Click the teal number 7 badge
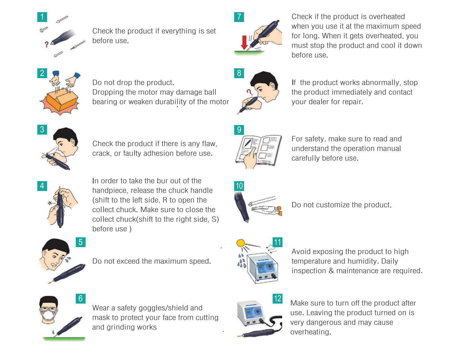239,17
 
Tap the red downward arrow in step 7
244,43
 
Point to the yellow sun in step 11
241,243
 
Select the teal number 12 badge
277,299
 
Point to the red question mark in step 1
47,44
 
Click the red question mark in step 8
249,92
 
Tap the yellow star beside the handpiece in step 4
50,203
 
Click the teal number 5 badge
80,242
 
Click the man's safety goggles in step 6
49,309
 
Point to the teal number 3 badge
42,129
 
